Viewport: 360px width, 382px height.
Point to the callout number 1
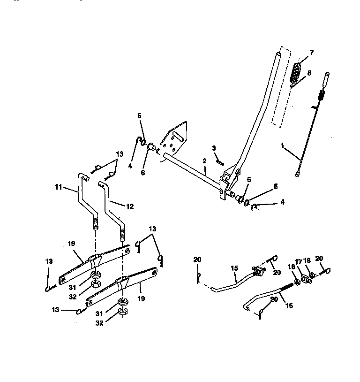(282, 146)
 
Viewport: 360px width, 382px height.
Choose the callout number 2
(204, 160)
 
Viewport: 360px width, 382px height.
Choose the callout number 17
(298, 262)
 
